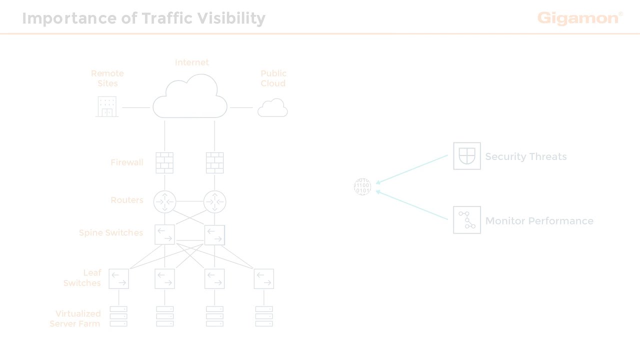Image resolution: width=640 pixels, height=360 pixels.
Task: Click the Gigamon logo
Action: [579, 18]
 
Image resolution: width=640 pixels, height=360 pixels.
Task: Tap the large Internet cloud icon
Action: [190, 97]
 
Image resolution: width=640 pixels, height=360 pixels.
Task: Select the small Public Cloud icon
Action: [272, 108]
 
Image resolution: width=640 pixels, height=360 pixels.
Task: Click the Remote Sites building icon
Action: [107, 106]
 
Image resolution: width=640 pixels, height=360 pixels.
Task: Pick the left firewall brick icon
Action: [164, 163]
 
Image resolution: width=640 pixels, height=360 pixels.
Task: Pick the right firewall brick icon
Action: [215, 163]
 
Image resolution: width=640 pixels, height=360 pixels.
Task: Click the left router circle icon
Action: [164, 202]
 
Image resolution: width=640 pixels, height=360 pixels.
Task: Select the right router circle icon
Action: [215, 202]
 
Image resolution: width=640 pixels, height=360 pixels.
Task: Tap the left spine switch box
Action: [164, 234]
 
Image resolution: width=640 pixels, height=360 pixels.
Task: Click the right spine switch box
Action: [215, 234]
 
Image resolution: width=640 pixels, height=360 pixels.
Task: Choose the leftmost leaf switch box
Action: [118, 278]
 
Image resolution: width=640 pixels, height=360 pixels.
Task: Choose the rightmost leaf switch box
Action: [263, 278]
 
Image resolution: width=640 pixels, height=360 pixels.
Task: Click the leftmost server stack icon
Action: [118, 316]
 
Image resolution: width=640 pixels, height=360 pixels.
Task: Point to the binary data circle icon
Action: [362, 186]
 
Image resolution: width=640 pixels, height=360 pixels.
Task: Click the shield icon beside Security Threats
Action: [467, 156]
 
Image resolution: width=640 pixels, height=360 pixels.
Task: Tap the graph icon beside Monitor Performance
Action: [467, 220]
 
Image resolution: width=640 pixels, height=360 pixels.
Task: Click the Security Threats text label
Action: [525, 156]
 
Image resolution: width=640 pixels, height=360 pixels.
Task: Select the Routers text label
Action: [127, 200]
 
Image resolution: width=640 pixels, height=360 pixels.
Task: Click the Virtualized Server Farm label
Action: [76, 318]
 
